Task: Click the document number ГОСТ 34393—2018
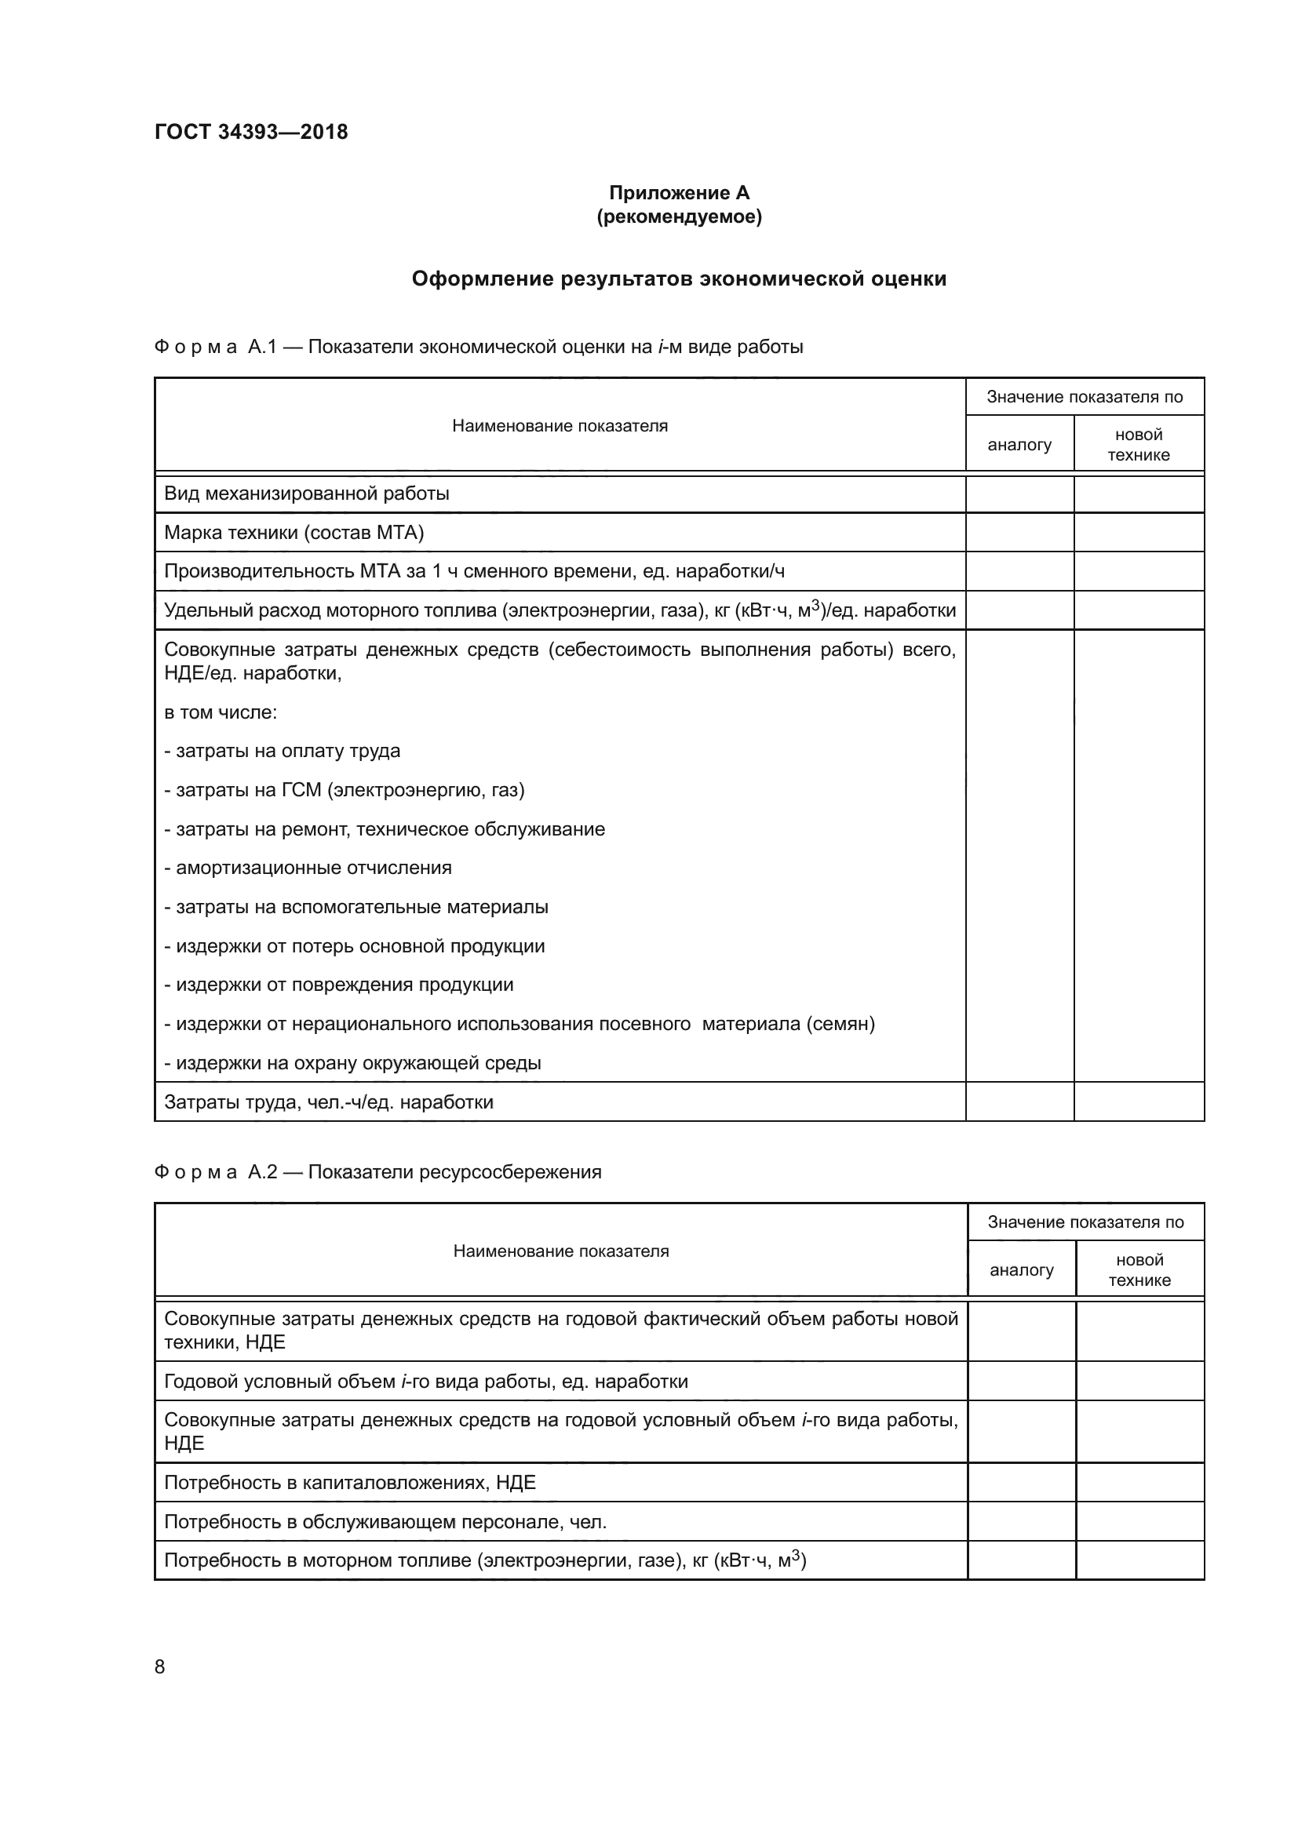[x=251, y=132]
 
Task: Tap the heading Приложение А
[x=679, y=193]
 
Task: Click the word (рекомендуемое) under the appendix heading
[x=679, y=217]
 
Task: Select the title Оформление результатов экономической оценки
[x=679, y=279]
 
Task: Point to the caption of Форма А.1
[x=478, y=347]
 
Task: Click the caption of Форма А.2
[x=377, y=1171]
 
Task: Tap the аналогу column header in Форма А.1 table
[x=1019, y=445]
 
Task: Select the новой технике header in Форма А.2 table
[x=1139, y=1270]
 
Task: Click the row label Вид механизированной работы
[x=307, y=493]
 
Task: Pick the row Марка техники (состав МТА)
[x=294, y=532]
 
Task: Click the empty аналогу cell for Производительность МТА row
[x=1019, y=571]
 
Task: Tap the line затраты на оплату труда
[x=283, y=751]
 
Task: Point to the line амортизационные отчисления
[x=308, y=868]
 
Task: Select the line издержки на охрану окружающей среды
[x=352, y=1063]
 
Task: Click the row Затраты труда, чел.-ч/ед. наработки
[x=329, y=1102]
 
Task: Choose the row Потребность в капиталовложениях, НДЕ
[x=350, y=1483]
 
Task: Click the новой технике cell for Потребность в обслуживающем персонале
[x=1139, y=1522]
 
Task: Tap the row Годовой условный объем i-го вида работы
[x=426, y=1381]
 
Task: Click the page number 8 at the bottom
[x=160, y=1666]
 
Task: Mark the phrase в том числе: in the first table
[x=221, y=712]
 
